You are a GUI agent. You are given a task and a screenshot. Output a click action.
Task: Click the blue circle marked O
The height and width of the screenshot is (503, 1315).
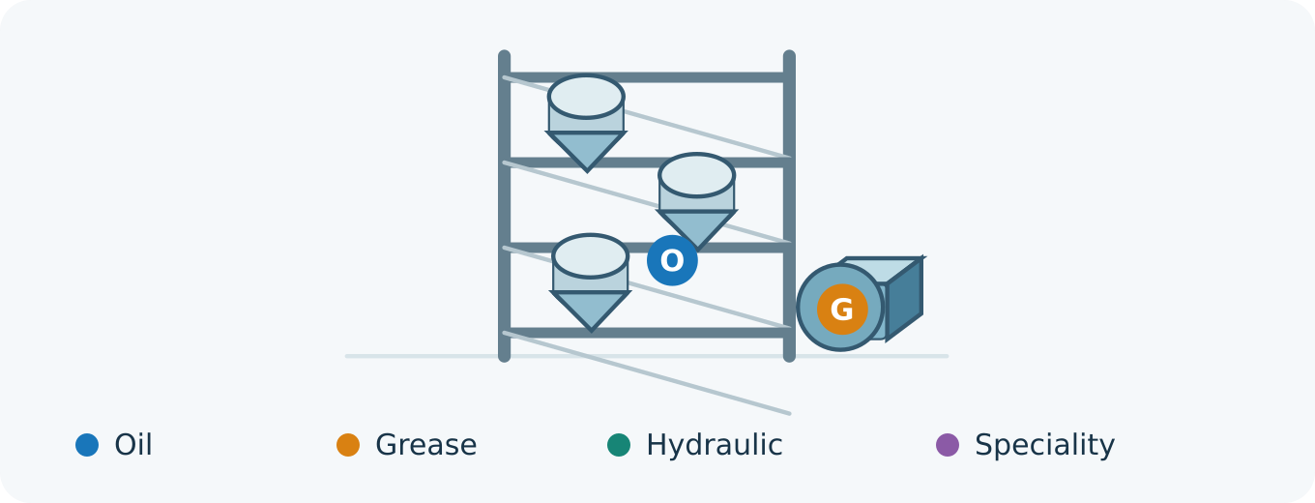(672, 260)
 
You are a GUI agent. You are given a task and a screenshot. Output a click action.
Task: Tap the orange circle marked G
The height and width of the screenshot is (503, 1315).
(842, 310)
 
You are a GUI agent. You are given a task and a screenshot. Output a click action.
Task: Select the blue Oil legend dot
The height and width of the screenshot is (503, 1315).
(87, 445)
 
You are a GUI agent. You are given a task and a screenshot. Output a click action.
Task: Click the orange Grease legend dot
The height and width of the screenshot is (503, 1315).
(347, 445)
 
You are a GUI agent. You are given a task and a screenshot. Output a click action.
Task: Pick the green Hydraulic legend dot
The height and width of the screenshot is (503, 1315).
(619, 445)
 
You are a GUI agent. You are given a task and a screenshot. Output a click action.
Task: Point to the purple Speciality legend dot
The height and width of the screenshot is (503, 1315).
(948, 445)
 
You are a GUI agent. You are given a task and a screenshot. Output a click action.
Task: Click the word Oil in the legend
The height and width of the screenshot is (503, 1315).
(133, 445)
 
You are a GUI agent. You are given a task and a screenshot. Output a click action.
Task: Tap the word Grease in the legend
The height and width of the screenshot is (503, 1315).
(426, 445)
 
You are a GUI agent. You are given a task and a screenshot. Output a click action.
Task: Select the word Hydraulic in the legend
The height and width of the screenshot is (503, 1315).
(714, 445)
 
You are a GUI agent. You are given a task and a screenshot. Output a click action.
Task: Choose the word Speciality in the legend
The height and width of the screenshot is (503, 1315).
(1044, 445)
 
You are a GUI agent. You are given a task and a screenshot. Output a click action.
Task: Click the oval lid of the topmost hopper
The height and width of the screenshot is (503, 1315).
(586, 97)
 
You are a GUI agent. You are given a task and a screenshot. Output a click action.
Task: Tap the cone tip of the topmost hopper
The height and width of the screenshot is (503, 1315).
(587, 171)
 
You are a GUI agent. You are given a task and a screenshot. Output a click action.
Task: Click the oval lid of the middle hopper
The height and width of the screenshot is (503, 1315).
(696, 175)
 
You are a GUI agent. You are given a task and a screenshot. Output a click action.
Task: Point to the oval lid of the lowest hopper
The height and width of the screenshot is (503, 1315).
(590, 256)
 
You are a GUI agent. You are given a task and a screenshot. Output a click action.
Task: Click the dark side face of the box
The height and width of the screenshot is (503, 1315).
(904, 299)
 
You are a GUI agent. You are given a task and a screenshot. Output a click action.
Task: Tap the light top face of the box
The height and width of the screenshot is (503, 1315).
(881, 270)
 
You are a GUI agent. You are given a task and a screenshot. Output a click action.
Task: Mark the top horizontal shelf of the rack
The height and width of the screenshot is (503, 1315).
(646, 77)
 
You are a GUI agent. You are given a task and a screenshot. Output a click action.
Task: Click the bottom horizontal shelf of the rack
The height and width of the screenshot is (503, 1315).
(646, 333)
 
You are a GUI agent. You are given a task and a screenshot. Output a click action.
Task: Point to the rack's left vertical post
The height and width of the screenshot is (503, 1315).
(504, 206)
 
